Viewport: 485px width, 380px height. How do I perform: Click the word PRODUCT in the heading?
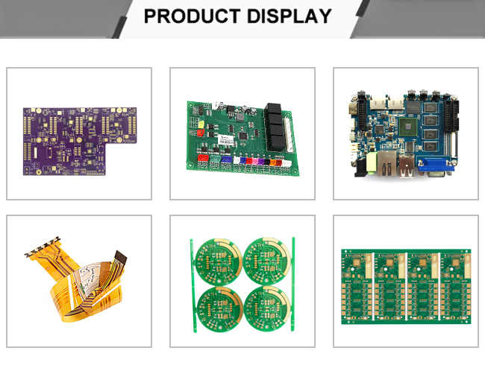(192, 16)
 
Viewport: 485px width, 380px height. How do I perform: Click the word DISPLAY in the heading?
(290, 16)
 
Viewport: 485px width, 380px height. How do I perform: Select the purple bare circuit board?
(80, 141)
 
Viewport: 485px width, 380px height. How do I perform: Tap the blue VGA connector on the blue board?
(436, 165)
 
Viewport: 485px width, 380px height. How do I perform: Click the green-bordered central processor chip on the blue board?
(409, 127)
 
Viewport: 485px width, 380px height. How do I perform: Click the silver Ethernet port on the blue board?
(387, 164)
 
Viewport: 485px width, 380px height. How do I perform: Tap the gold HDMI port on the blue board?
(354, 109)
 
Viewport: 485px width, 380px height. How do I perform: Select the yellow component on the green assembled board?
(201, 124)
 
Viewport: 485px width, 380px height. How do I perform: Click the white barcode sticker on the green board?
(226, 139)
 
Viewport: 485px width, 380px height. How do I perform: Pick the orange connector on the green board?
(272, 162)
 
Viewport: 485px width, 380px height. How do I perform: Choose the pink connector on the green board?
(254, 161)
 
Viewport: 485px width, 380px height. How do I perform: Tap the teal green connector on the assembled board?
(214, 159)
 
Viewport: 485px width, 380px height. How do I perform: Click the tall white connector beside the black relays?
(289, 136)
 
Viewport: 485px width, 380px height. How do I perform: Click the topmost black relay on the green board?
(272, 109)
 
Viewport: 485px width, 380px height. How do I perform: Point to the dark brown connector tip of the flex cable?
(120, 256)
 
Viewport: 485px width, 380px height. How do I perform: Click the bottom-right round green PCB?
(267, 308)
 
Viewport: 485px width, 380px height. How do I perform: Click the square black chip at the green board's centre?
(243, 136)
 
